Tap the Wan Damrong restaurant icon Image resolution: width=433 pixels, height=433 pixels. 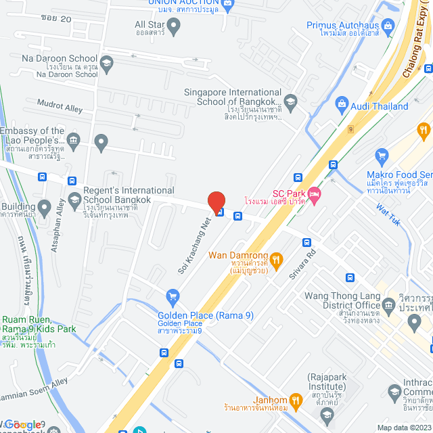(x=276, y=259)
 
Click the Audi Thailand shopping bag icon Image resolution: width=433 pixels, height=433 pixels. (x=341, y=106)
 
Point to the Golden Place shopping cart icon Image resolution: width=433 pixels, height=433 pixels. (x=173, y=296)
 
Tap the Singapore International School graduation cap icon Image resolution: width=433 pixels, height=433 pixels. (x=290, y=103)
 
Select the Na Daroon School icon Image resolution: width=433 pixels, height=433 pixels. (x=106, y=64)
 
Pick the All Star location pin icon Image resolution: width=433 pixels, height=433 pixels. (x=174, y=27)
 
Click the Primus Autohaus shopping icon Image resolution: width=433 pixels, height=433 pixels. (x=388, y=27)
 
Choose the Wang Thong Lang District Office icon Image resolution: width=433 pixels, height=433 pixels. (x=388, y=303)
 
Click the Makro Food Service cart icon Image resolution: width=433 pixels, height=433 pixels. (x=382, y=156)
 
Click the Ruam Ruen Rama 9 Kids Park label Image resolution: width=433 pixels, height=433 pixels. (x=38, y=325)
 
